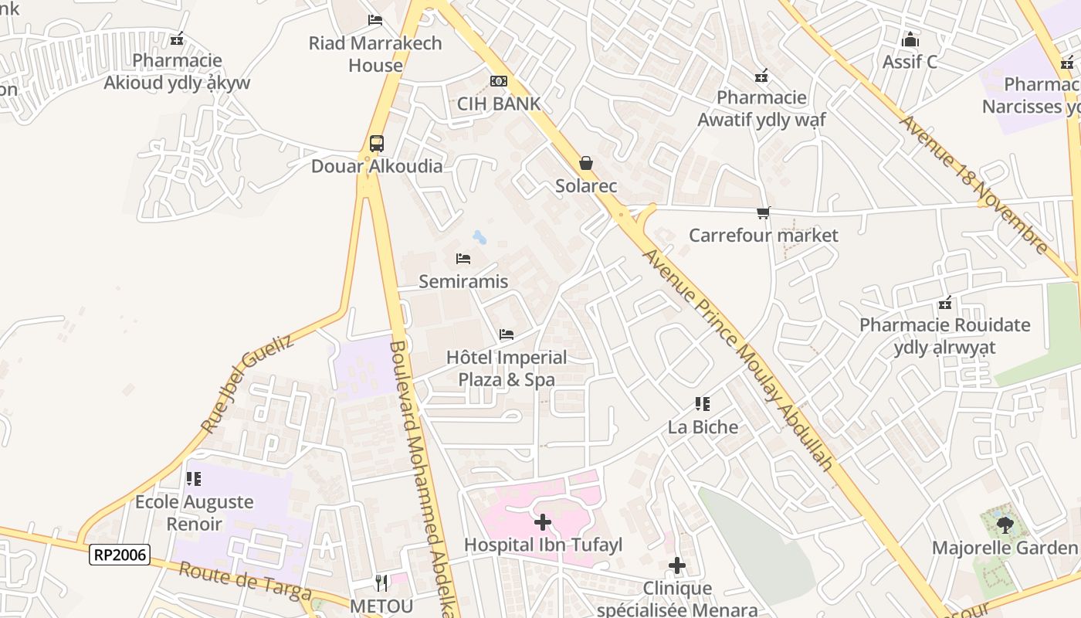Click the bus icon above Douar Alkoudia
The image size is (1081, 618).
[x=376, y=143]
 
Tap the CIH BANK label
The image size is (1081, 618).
[x=498, y=104]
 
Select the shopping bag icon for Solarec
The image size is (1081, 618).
[x=586, y=163]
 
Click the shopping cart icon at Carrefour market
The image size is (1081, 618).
[x=763, y=212]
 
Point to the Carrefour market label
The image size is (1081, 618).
[x=763, y=235]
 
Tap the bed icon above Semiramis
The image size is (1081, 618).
[x=463, y=258]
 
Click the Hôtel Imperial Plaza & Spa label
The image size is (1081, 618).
[x=507, y=368]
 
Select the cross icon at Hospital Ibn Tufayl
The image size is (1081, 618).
[x=543, y=522]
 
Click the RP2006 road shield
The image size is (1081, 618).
[x=119, y=555]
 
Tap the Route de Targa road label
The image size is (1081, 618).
[x=245, y=582]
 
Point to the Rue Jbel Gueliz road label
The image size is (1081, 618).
[x=246, y=383]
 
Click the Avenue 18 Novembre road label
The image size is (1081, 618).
[x=974, y=185]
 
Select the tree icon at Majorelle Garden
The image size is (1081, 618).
[x=1004, y=525]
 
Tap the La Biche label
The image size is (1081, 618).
[x=703, y=427]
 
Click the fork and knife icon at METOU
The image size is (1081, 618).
[x=381, y=582]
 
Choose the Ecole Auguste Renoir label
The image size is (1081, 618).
[x=194, y=512]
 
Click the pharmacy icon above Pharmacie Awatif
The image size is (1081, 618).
[x=761, y=76]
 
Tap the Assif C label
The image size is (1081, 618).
[x=910, y=62]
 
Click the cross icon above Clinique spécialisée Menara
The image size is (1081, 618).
[x=677, y=565]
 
